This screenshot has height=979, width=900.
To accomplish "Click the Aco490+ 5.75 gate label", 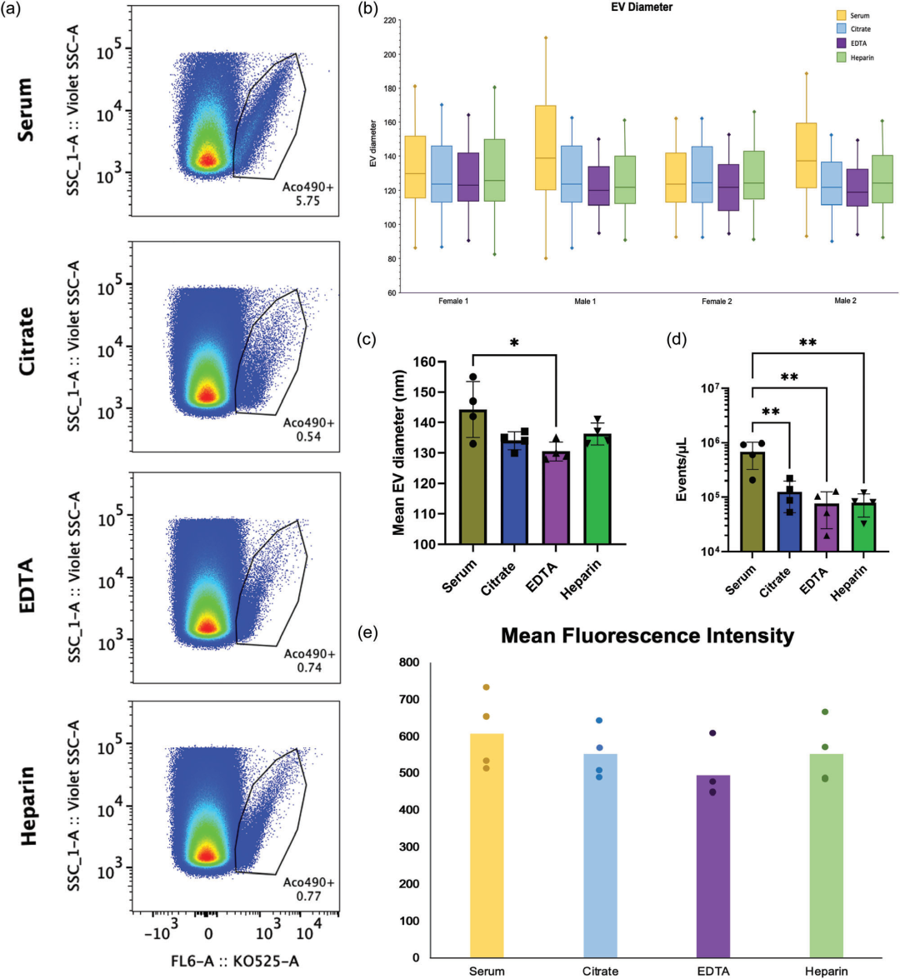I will click(307, 195).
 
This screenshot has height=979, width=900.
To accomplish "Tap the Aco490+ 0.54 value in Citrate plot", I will click(307, 430).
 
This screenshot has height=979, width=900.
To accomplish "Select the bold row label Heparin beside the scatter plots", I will click(28, 806).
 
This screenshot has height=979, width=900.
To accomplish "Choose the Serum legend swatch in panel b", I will click(842, 15).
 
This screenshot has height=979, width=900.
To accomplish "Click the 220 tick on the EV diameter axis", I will click(390, 20).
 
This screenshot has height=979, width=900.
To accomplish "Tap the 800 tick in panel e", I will click(408, 662).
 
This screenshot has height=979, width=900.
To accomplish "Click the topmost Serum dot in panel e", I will click(487, 687).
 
